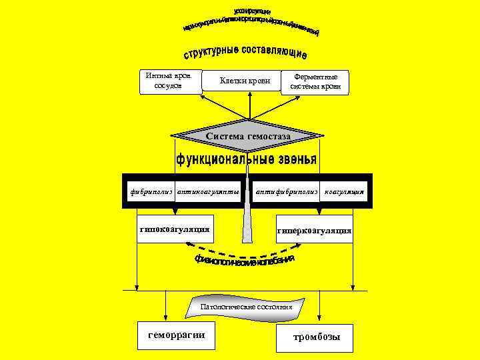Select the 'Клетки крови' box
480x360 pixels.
(x=246, y=82)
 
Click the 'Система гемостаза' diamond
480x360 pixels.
(x=248, y=136)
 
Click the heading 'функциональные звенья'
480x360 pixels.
(x=246, y=161)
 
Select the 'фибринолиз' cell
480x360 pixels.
(x=151, y=191)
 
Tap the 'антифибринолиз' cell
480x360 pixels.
(x=287, y=191)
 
